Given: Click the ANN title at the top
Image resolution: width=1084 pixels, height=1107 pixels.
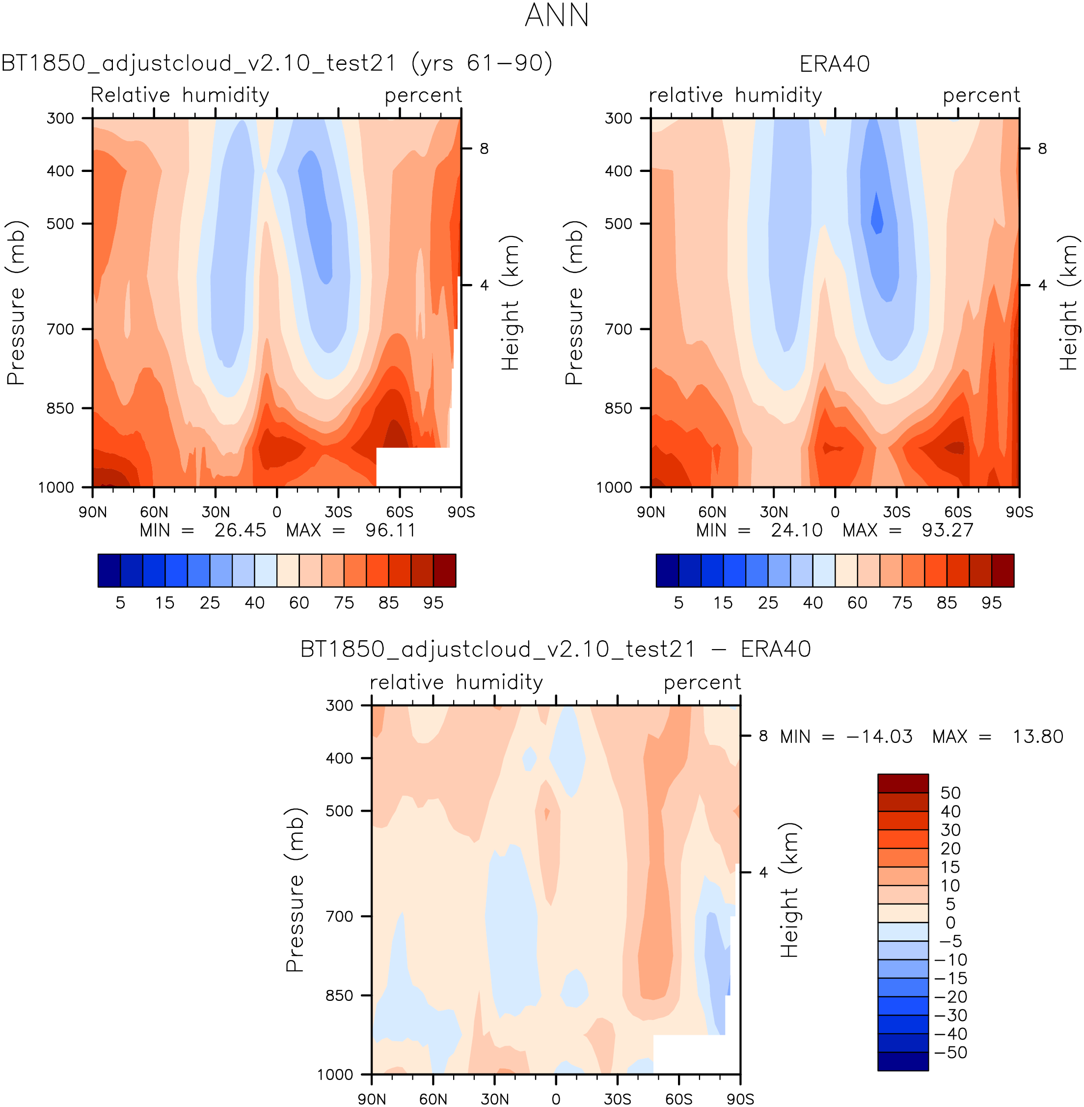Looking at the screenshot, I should [556, 15].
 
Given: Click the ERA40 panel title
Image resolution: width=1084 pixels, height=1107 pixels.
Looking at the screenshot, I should [834, 64].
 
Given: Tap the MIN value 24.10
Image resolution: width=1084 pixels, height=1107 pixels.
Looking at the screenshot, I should [796, 531].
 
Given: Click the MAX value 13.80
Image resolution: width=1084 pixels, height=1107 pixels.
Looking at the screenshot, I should [1037, 737].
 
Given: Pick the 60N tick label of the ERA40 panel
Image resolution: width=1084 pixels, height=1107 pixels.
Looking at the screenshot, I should [712, 511].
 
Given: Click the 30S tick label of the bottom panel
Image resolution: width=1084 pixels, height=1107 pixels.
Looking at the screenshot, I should [617, 1099].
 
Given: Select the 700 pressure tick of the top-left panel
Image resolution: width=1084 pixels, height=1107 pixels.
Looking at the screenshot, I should [60, 329].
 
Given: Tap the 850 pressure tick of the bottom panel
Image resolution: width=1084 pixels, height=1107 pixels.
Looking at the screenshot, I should [339, 995].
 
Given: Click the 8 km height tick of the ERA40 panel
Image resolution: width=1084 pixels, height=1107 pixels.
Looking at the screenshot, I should [1042, 149].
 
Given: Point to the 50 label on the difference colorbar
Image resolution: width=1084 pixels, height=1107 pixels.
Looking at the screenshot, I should [950, 793].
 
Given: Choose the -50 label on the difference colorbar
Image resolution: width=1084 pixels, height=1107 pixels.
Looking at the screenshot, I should [950, 1053].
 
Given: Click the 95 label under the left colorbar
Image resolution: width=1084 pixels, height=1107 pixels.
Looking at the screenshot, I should [434, 603].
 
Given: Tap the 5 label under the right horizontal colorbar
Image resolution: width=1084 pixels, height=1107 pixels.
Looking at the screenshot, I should [678, 603].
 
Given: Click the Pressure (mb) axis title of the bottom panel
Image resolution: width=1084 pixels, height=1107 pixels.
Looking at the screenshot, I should [295, 889].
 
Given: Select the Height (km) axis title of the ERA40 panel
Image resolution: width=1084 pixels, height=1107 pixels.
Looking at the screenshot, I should [1069, 303].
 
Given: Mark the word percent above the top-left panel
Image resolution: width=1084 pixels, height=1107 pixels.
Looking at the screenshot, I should [423, 95].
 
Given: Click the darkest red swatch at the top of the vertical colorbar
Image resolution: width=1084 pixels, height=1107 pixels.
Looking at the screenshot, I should [902, 783].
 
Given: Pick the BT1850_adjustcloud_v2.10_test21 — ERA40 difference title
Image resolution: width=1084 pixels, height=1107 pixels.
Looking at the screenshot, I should [555, 650].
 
